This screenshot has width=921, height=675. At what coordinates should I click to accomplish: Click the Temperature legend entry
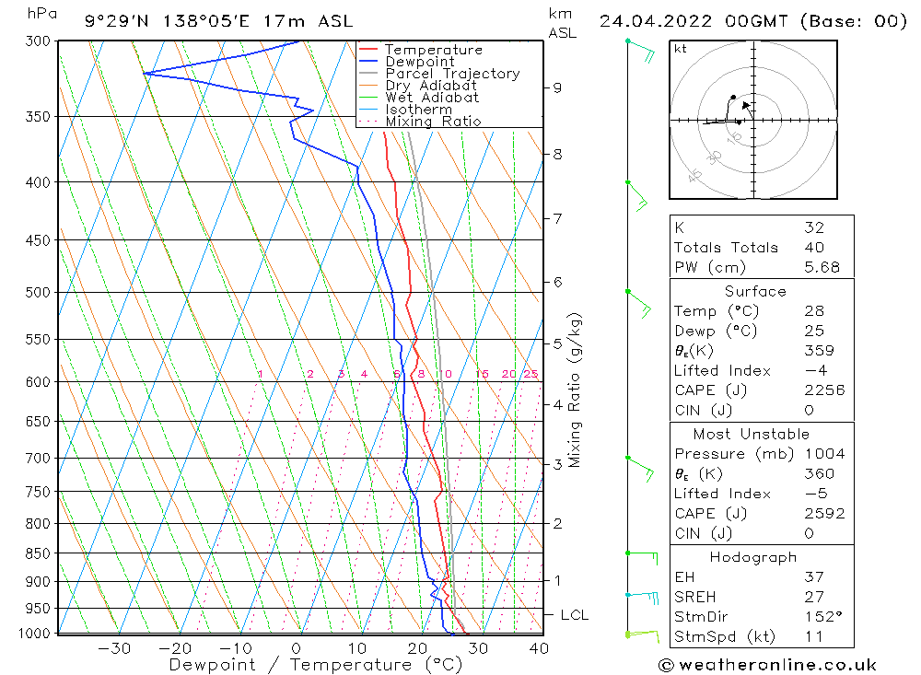pos(433,51)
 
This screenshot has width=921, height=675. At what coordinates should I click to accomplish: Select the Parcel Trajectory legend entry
pos(452,74)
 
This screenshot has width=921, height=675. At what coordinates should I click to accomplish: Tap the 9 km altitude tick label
pos(557,87)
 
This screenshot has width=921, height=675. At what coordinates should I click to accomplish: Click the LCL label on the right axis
pos(574,615)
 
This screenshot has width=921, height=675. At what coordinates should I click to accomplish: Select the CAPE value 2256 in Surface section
pos(823,390)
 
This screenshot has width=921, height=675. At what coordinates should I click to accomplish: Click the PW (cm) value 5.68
pos(822,268)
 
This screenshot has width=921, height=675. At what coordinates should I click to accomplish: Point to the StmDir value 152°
pos(822,617)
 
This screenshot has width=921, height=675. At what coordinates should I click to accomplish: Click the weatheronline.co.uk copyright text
pos(767,665)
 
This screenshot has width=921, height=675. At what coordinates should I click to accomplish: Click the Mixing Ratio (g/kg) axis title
pos(576,390)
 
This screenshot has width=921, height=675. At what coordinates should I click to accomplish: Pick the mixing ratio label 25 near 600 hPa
pos(530,374)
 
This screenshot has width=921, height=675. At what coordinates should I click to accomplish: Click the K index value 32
pos(813,227)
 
